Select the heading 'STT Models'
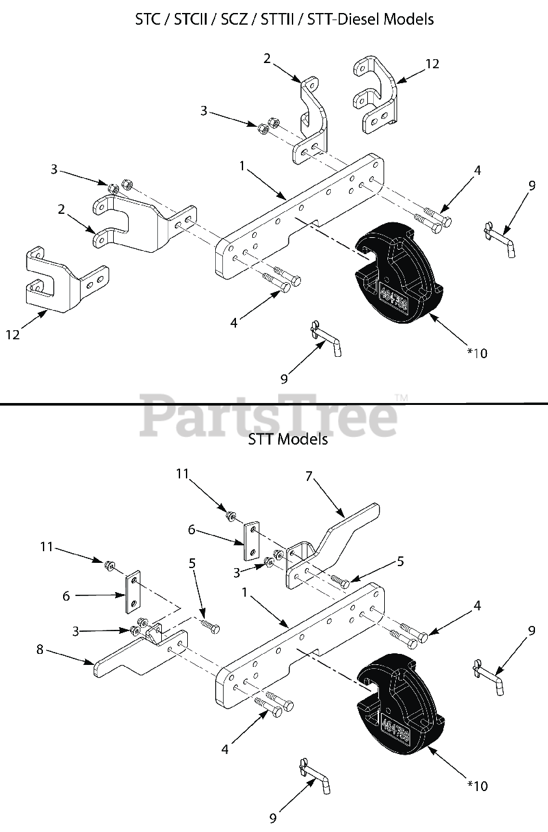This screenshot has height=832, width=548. coord(288,439)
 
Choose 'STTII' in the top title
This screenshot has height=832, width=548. coord(278,19)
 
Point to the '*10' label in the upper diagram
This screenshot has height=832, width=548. coord(476,353)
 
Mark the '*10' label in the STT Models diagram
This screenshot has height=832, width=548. coord(476,786)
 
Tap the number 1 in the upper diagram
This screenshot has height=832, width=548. coord(242,166)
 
